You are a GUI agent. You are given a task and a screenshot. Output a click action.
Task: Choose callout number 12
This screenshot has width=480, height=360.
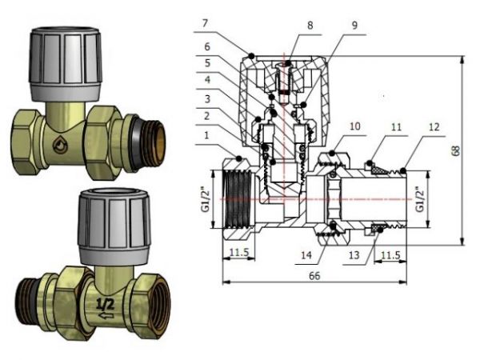click(x=433, y=126)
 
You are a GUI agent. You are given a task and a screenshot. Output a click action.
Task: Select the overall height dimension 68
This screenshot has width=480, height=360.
click(x=467, y=152)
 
